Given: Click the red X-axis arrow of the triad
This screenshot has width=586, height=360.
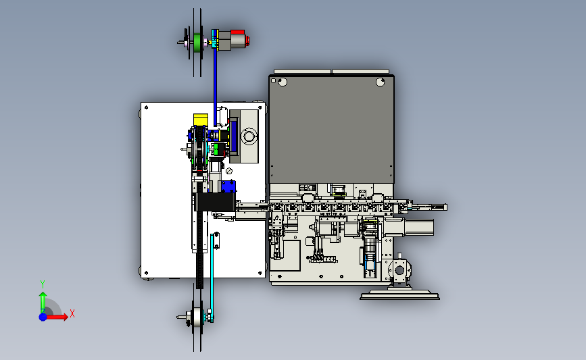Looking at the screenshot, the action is [x=57, y=317].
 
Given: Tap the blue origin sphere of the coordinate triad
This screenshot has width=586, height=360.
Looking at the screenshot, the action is [x=43, y=317].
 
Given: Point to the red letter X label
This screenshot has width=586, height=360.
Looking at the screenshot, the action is [x=72, y=313].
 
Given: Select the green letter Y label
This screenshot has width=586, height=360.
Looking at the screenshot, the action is [x=43, y=284].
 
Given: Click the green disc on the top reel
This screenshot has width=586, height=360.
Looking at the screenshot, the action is [x=197, y=43].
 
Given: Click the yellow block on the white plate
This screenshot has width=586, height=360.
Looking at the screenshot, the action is [x=201, y=120].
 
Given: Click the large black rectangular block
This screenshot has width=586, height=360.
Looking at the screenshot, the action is [x=215, y=202].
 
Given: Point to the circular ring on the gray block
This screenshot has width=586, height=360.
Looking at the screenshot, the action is [x=249, y=136].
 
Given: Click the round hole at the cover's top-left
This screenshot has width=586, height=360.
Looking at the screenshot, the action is [x=283, y=82].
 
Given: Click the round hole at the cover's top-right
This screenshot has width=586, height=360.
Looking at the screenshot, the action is [x=380, y=82].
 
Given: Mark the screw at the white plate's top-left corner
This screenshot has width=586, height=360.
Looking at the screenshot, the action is [x=146, y=107].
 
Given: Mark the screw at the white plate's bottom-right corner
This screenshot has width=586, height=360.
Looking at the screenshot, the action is [x=260, y=274].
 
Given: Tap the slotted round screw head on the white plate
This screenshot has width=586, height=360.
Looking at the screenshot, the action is [x=229, y=171].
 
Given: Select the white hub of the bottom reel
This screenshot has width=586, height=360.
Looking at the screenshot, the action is [x=197, y=317].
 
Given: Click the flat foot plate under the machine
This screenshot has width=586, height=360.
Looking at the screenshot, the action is [x=400, y=296].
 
